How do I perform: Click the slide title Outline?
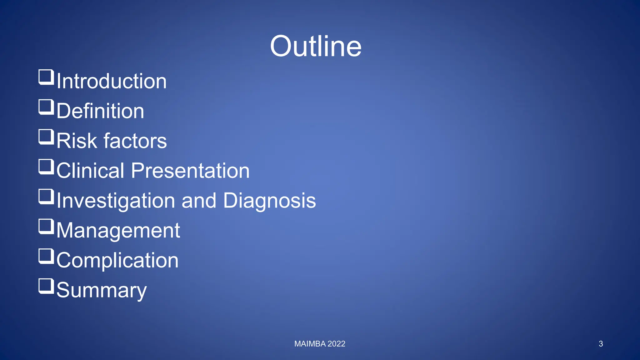click(316, 46)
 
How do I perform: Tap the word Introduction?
click(112, 81)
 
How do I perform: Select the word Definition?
click(100, 111)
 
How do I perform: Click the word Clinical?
click(90, 171)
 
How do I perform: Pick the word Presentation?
click(190, 171)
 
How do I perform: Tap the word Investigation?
click(116, 201)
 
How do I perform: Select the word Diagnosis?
click(269, 201)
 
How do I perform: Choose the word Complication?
click(117, 260)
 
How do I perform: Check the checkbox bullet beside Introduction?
click(46, 77)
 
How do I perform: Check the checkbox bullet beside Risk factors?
click(46, 137)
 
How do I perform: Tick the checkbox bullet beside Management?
click(46, 227)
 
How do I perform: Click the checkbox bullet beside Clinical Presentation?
click(46, 167)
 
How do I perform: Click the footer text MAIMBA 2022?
click(320, 344)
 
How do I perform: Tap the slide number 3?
click(601, 344)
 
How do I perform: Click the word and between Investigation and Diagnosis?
click(199, 201)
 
